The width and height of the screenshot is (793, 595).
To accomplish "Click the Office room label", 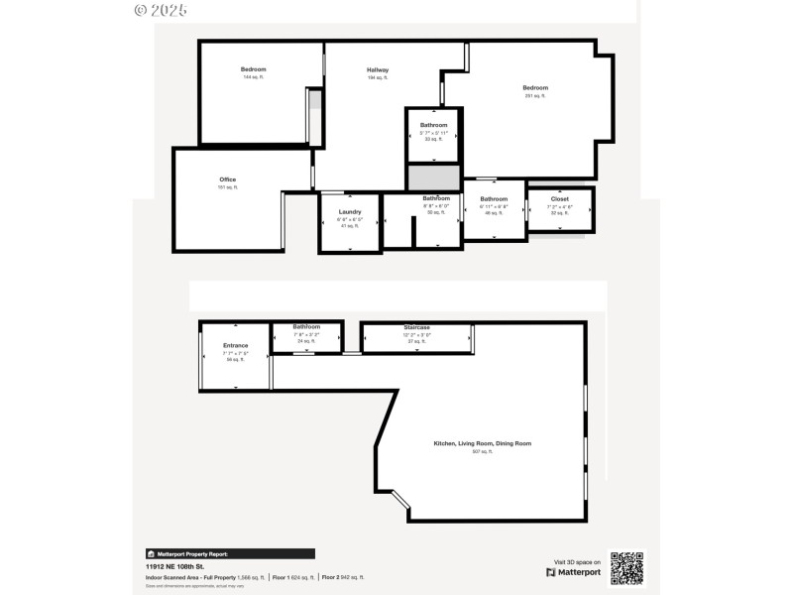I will [x=228, y=179].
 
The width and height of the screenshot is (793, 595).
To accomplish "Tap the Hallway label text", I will [x=378, y=69].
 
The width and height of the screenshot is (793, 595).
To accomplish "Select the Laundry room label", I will [x=349, y=211].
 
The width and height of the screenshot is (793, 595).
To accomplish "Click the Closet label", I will [x=560, y=198].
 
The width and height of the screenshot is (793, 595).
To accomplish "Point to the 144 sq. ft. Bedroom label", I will [x=254, y=69].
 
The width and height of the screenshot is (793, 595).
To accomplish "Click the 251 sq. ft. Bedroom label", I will [x=535, y=88].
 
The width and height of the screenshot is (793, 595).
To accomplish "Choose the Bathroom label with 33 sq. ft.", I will [x=434, y=125].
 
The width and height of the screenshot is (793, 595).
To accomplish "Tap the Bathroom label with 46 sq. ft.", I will [x=494, y=198].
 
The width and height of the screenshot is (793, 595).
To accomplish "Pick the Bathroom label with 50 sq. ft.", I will [x=436, y=198].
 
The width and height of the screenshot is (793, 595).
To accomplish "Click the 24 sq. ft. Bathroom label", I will [x=306, y=327].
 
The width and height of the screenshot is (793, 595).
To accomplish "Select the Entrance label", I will [x=235, y=345].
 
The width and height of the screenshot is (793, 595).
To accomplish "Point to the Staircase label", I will [x=416, y=327].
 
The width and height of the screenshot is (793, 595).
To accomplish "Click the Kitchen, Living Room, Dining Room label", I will [x=482, y=443].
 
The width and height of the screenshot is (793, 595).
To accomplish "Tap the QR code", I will [x=625, y=568].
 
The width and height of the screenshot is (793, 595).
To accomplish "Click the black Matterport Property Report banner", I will [x=230, y=554].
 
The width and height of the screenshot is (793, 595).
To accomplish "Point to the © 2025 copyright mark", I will [x=160, y=10].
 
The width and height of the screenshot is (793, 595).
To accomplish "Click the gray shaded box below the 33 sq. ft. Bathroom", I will [x=434, y=178].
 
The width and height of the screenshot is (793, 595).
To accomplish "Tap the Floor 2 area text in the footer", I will [x=343, y=576].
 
